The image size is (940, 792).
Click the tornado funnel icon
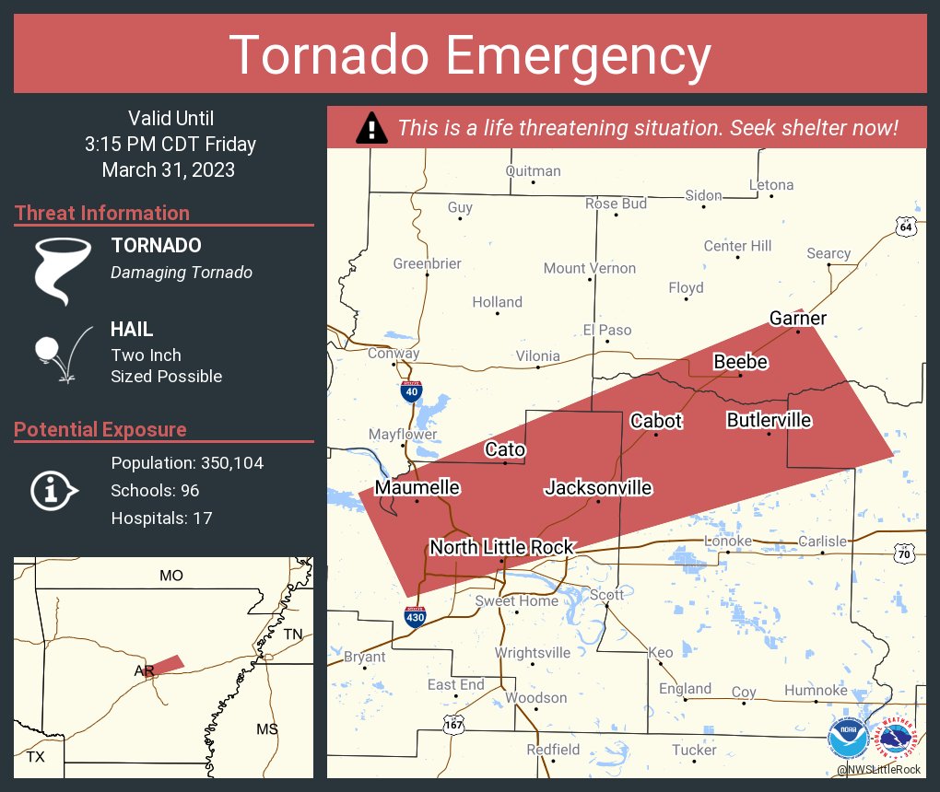[63, 271]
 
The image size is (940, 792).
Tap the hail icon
[61, 354]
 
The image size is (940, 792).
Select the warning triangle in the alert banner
[371, 128]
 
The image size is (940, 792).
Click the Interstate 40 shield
[412, 391]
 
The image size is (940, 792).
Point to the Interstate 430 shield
[416, 614]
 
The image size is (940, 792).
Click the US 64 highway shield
[906, 227]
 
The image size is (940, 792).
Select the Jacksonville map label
[598, 488]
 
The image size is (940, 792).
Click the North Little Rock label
[501, 547]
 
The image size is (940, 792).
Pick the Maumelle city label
[417, 487]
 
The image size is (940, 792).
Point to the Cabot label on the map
[656, 421]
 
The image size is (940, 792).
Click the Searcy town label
[828, 253]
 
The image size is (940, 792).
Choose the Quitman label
[533, 170]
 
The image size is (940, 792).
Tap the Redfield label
[553, 749]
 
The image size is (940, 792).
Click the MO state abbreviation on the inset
[171, 576]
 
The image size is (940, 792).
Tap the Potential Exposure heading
[100, 429]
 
